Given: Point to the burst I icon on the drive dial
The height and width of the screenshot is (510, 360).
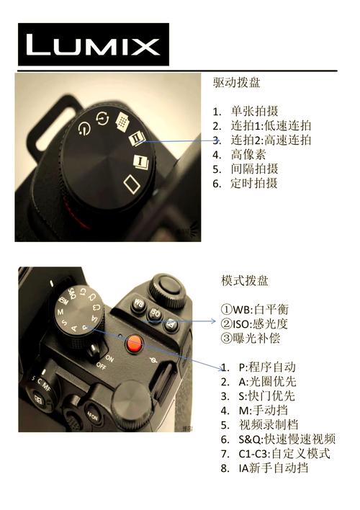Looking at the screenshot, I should click(x=140, y=162).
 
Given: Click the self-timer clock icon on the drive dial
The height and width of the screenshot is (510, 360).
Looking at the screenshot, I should click(x=85, y=129).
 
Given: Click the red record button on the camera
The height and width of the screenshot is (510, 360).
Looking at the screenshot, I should click(x=133, y=344).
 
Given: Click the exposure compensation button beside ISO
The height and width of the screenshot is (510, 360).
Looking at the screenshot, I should click(x=171, y=325).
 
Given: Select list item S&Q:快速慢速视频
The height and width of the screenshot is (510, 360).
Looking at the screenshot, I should click(x=287, y=439).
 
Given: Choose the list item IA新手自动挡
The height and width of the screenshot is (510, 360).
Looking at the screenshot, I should click(x=274, y=467).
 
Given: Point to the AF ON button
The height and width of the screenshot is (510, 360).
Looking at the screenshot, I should click(x=92, y=414).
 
